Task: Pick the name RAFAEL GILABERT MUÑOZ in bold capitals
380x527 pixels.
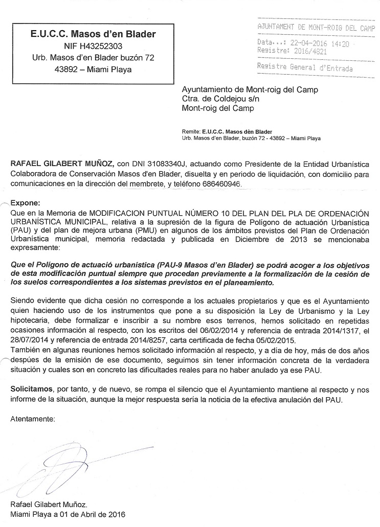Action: pyautogui.click(x=62, y=164)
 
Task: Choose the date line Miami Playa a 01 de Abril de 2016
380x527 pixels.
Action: pyautogui.click(x=68, y=514)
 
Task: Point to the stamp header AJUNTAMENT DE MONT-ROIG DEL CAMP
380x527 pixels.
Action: pyautogui.click(x=316, y=27)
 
